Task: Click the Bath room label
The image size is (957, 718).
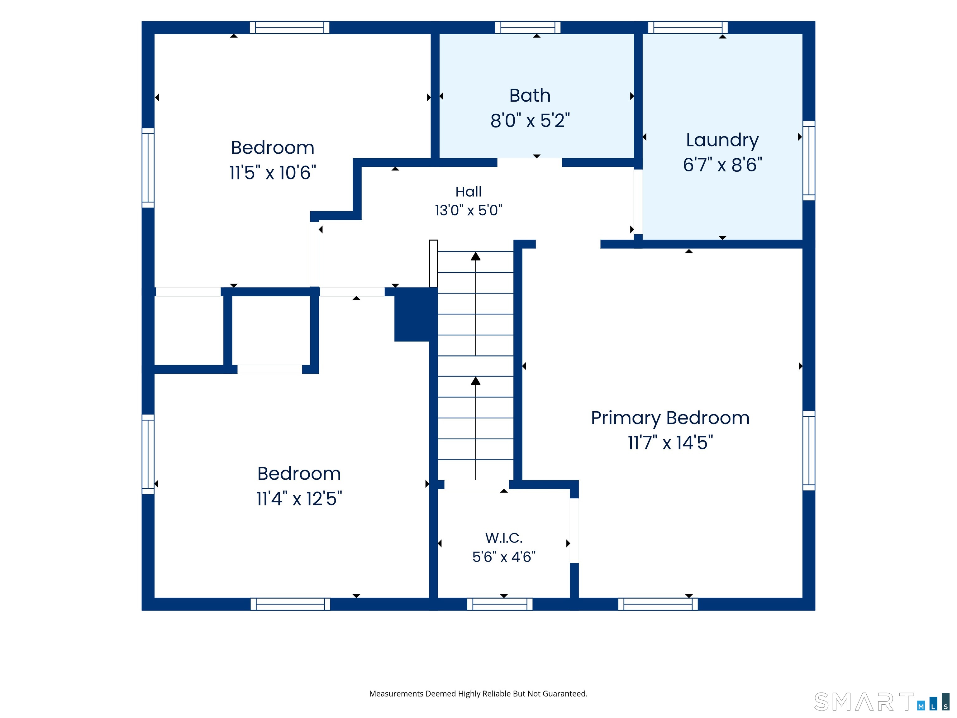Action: [530, 96]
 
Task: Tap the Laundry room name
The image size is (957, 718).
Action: [722, 141]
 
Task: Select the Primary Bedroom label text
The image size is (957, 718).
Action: [670, 419]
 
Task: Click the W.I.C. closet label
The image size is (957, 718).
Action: [504, 538]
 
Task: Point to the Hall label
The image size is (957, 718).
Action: [468, 192]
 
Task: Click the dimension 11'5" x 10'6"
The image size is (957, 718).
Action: [273, 173]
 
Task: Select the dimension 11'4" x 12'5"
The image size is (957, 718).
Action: [299, 499]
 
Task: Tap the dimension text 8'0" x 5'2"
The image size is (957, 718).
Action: [530, 121]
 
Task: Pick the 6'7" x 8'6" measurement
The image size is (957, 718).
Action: [722, 165]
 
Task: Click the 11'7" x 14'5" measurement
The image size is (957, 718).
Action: [670, 443]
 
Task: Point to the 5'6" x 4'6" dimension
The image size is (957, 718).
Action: [504, 557]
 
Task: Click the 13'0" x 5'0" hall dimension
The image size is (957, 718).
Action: [468, 210]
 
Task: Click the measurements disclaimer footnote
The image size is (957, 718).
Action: [478, 694]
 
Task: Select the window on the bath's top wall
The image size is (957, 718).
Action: [527, 28]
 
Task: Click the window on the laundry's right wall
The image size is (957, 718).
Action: [809, 160]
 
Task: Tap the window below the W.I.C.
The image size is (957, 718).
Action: [500, 604]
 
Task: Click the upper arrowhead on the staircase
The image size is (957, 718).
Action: [475, 256]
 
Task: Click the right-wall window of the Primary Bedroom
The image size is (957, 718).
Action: [809, 451]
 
